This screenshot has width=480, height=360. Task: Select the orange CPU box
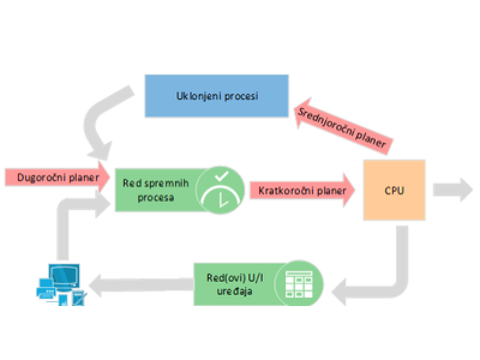[394, 191]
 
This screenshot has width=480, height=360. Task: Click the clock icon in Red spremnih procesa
[221, 189]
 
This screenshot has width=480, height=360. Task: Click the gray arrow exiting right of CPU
[454, 190]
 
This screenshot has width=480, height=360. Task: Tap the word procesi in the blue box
[238, 96]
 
